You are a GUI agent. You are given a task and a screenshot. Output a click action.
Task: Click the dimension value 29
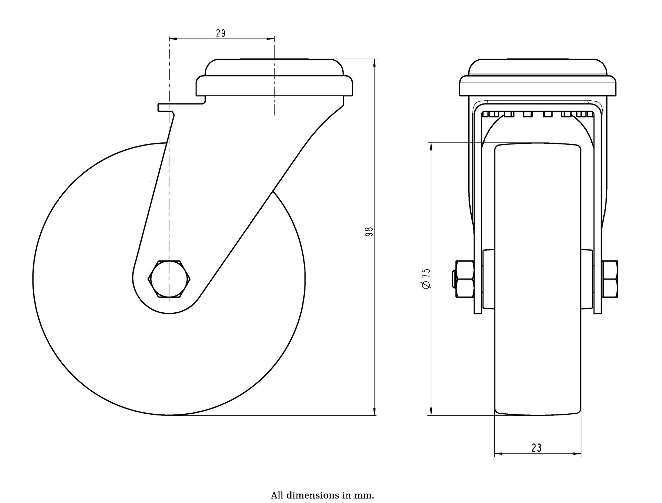pos(221,33)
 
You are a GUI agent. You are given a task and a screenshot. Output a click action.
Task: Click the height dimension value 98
pos(369,231)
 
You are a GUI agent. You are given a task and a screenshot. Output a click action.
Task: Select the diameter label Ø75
pos(426,278)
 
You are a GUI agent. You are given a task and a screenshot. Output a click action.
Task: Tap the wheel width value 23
pos(536,448)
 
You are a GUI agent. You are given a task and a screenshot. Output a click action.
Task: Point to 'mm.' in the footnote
pos(367,496)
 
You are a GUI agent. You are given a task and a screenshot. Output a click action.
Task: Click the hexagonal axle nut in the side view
pos(169,279)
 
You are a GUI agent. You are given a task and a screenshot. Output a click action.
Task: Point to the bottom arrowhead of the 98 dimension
pos(375,412)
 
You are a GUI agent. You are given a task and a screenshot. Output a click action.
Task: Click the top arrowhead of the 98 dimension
pos(375,63)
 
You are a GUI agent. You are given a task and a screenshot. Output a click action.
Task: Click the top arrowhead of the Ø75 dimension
pos(431,147)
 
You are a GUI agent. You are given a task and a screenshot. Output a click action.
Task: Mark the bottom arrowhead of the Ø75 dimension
pos(431,412)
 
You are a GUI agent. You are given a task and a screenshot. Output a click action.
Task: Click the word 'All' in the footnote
pos(276,495)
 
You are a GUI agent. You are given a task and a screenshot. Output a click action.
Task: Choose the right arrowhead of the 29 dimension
pos(270,39)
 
